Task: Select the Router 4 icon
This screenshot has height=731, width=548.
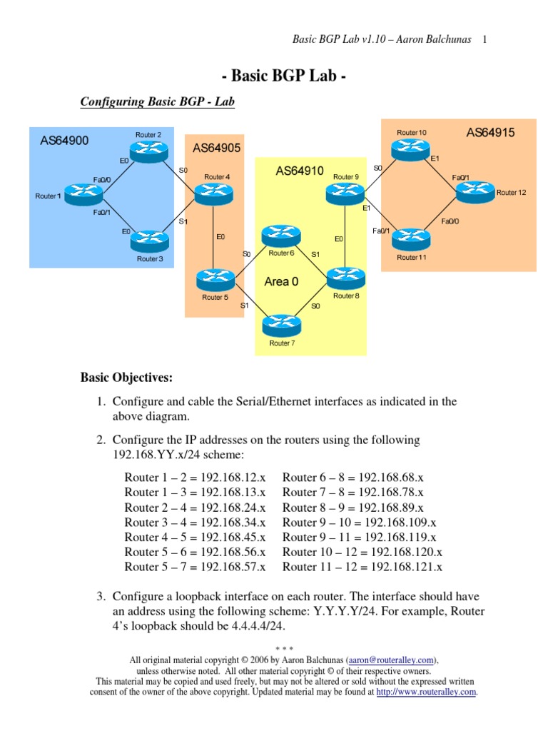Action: [x=209, y=191]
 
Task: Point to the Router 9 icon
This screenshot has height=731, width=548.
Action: [x=345, y=191]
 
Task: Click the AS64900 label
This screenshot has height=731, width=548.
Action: [x=64, y=141]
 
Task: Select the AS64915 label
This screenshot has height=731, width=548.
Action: [x=490, y=132]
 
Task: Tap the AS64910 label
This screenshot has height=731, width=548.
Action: [x=300, y=171]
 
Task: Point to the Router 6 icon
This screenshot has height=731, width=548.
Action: [x=281, y=236]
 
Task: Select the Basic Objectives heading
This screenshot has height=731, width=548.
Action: [x=126, y=376]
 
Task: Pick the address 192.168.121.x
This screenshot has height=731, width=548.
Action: [x=404, y=567]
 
